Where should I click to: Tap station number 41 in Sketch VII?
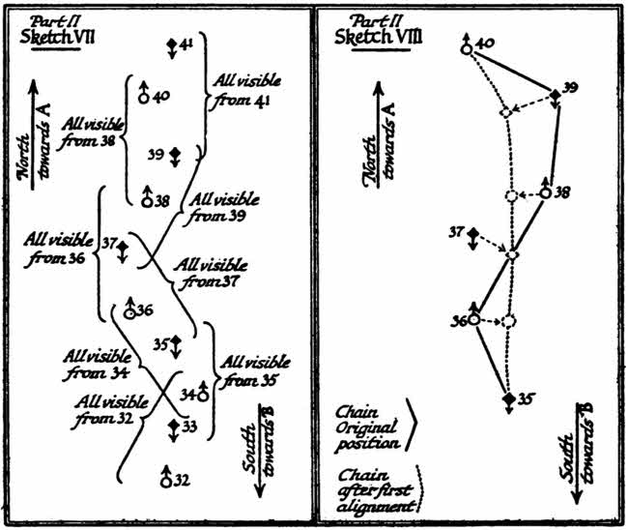[186, 44]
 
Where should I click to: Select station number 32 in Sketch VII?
[182, 479]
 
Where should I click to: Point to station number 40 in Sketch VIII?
[486, 43]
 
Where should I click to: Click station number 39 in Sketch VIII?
[570, 88]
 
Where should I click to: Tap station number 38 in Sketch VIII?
[561, 191]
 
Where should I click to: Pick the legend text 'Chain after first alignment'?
[375, 489]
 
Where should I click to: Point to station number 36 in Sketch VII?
[145, 310]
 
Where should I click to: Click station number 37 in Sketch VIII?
[456, 231]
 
